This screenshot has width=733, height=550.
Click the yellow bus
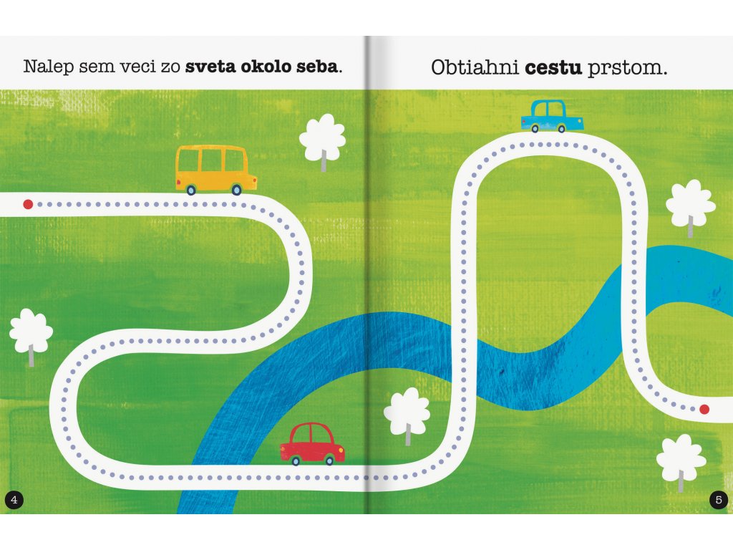pyautogui.click(x=215, y=169)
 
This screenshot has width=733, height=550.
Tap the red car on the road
pyautogui.click(x=312, y=443)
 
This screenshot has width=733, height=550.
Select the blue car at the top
pyautogui.click(x=552, y=116)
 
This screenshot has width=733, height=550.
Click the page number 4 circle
pyautogui.click(x=14, y=499)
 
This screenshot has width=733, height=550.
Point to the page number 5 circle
pyautogui.click(x=719, y=499)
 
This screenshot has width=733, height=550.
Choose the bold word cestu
pyautogui.click(x=554, y=68)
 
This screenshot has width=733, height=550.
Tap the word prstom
pyautogui.click(x=626, y=69)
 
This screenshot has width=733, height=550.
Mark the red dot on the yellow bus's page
pyautogui.click(x=28, y=204)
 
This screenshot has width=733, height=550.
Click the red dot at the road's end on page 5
pyautogui.click(x=704, y=410)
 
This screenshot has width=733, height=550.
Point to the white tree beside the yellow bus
pyautogui.click(x=322, y=140)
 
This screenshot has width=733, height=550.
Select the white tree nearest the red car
pyautogui.click(x=407, y=415)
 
